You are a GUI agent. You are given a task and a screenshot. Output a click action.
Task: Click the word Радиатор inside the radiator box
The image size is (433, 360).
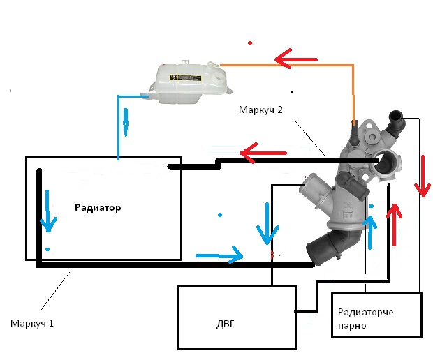point(98,207)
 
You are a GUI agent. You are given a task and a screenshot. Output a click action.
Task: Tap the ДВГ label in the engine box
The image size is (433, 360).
point(225,324)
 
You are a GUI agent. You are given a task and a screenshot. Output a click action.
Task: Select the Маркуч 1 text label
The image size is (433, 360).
point(32,323)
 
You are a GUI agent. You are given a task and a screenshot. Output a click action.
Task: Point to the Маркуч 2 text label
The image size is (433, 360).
point(260,110)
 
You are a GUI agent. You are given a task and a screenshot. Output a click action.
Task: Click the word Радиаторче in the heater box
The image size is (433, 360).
point(366,313)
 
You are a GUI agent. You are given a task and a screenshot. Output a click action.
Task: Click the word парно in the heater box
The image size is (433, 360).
point(352,326)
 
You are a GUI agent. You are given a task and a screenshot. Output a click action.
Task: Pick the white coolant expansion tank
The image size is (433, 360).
point(191,82)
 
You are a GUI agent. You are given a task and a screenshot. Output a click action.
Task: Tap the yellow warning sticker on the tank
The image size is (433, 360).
point(185,77)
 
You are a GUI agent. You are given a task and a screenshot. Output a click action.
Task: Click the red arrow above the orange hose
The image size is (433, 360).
point(295,59)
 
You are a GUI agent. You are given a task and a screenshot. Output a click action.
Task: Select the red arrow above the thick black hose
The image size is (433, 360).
point(263,153)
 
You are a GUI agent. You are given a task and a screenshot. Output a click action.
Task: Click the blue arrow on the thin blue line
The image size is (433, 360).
point(126,122)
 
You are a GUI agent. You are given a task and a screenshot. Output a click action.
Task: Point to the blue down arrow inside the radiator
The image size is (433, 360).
point(48,211)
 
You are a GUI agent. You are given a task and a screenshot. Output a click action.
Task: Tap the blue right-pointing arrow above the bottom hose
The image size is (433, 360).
point(219,255)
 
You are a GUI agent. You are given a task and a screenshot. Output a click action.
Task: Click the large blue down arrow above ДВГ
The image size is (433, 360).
point(267,224)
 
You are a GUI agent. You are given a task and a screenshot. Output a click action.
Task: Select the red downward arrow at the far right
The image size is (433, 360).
point(423,177)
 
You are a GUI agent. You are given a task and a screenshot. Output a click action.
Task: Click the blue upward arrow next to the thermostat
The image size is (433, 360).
point(370,232)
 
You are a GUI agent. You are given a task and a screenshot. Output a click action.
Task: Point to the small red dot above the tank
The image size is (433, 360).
point(250,43)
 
